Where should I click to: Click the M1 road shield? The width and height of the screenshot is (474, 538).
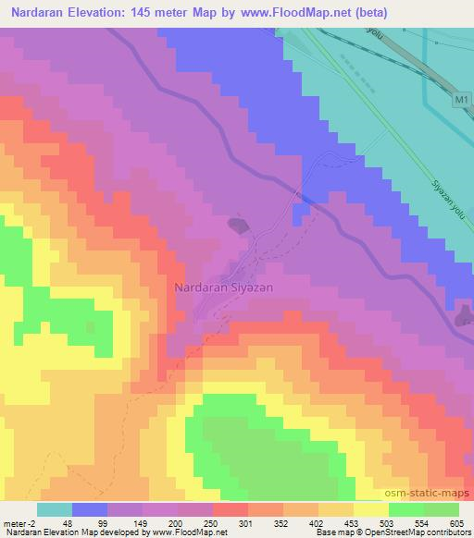[462, 97]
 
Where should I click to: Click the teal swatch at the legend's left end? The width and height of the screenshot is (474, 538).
[55, 509]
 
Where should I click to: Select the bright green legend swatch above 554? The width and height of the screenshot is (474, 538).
[406, 509]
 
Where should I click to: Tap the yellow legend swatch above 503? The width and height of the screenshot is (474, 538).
[371, 509]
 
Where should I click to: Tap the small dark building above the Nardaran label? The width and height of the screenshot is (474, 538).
[238, 225]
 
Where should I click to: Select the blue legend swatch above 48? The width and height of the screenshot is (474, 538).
[90, 509]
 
